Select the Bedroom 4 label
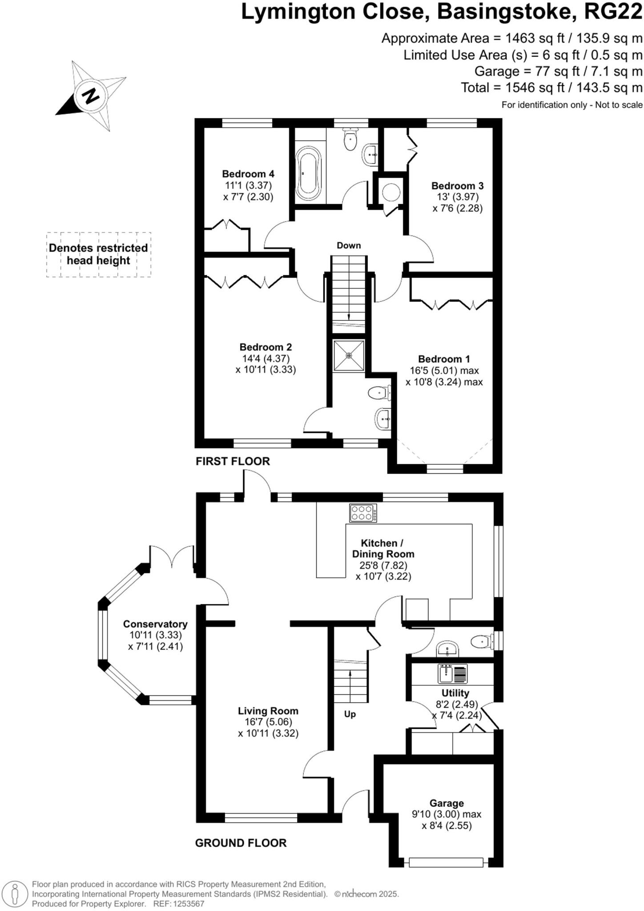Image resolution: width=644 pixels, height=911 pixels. pyautogui.click(x=248, y=174)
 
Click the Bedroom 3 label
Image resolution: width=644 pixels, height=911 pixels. pyautogui.click(x=457, y=186)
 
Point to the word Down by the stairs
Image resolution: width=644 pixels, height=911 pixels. pyautogui.click(x=349, y=246)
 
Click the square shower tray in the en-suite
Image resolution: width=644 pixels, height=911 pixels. pyautogui.click(x=349, y=355)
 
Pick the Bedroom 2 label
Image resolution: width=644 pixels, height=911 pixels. pyautogui.click(x=266, y=347)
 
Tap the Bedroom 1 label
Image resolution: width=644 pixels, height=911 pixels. pyautogui.click(x=444, y=359)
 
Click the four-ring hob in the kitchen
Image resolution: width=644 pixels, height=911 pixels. pyautogui.click(x=363, y=512)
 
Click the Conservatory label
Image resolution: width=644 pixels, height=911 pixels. pyautogui.click(x=155, y=624)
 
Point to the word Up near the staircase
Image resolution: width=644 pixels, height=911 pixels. pyautogui.click(x=350, y=714)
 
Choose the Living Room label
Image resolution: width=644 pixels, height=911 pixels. pyautogui.click(x=268, y=711)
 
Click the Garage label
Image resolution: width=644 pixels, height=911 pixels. pyautogui.click(x=447, y=803)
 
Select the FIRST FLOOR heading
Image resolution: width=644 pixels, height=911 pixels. pyautogui.click(x=233, y=461)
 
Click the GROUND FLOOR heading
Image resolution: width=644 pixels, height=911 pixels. pyautogui.click(x=241, y=843)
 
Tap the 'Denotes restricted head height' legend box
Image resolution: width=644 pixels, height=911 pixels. pyautogui.click(x=98, y=254)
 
